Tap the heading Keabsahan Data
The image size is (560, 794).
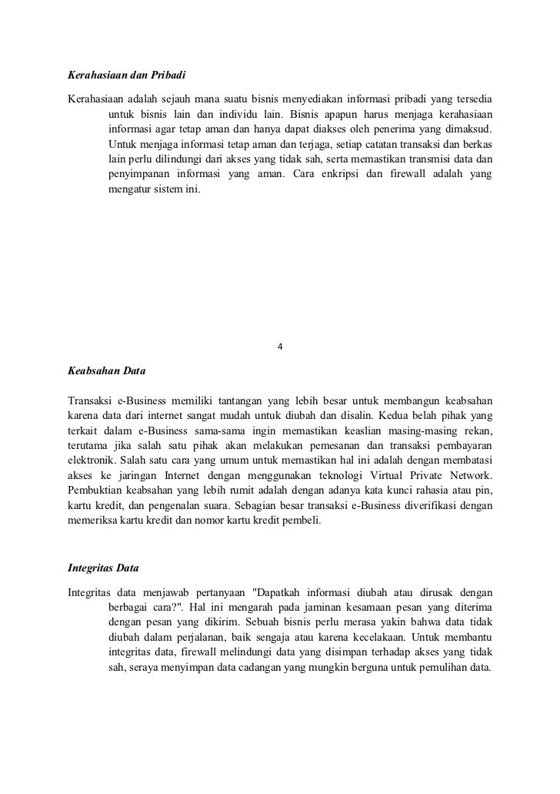click(x=105, y=371)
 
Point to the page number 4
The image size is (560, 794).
click(x=280, y=345)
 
